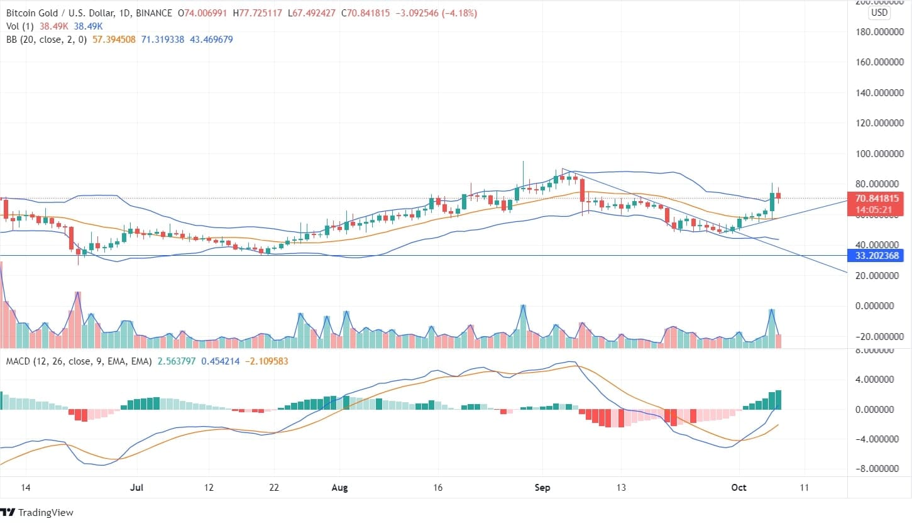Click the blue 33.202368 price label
pos(877,255)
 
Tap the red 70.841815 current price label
pos(877,198)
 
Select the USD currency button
pos(878,13)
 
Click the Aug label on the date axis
pos(339,487)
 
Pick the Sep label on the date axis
pos(541,487)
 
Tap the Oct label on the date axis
pos(739,487)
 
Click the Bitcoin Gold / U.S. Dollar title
pos(57,12)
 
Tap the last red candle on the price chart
pos(778,195)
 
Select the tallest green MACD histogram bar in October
pos(778,400)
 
